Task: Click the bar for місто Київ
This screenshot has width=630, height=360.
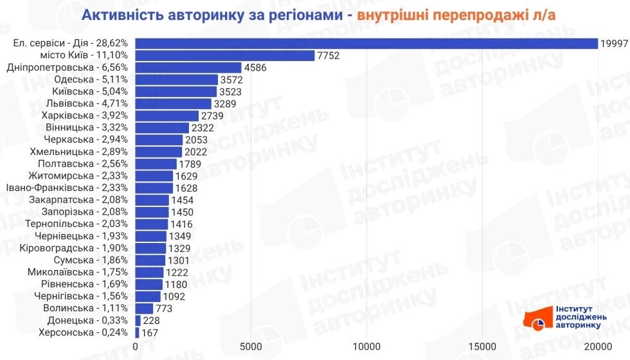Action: pos(225,55)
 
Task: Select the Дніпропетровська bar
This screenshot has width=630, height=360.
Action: pos(188,67)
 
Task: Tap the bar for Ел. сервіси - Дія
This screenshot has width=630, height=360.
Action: pos(366,43)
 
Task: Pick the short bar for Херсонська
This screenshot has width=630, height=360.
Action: pos(137,333)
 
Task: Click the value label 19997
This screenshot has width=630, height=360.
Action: pos(615,43)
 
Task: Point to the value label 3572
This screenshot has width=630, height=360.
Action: pos(233,80)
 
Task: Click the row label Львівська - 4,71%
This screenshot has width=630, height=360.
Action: pos(89,104)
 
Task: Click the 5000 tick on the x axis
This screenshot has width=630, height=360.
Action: pos(251,347)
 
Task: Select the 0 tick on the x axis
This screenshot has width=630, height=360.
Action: pos(135,347)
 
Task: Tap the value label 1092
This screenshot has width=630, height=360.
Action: pos(174,296)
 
